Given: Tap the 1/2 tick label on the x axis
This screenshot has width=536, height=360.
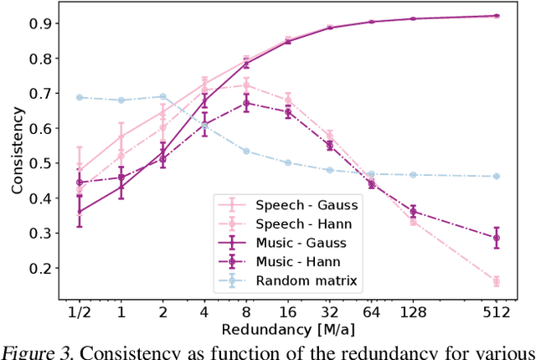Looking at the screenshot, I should click(x=80, y=312).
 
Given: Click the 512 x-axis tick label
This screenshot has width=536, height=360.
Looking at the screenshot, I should click(x=496, y=312).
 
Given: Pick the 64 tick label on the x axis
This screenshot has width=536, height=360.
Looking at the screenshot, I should click(x=371, y=312).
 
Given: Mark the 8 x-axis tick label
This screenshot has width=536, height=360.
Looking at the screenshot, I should click(x=246, y=312).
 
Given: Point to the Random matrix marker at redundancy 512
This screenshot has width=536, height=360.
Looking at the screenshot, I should click(x=496, y=176).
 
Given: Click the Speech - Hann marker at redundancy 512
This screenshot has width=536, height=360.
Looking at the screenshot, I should click(x=496, y=281).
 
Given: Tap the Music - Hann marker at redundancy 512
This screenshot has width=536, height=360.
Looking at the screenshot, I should click(x=496, y=238).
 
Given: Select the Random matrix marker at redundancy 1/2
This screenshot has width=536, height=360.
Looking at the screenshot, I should click(x=80, y=97).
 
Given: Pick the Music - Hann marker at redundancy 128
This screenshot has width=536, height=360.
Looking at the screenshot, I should click(x=413, y=211).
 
